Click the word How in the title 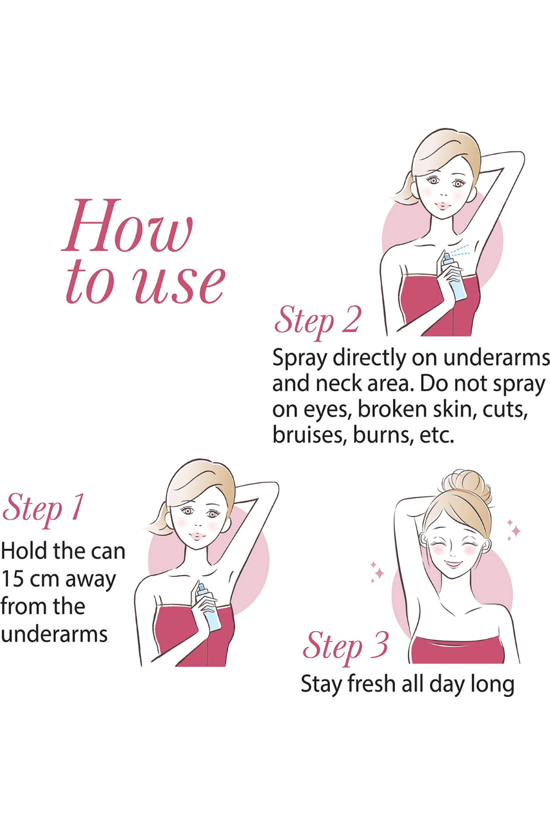click(128, 226)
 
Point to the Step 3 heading click(345, 645)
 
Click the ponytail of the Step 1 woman click(158, 519)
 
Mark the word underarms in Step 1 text click(54, 634)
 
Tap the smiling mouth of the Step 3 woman click(454, 563)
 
